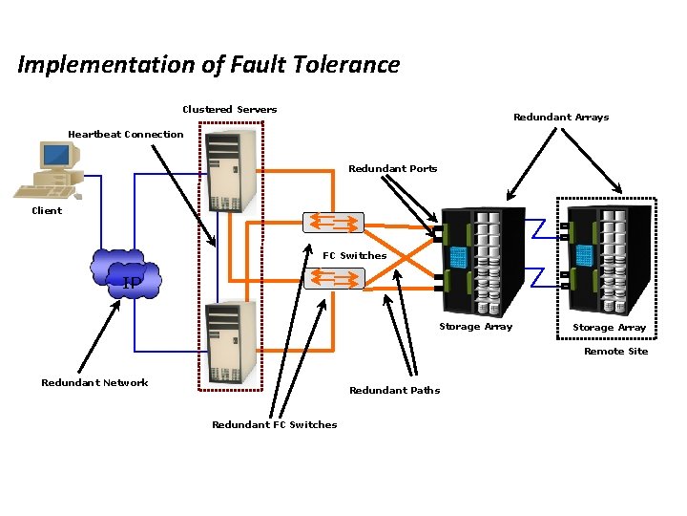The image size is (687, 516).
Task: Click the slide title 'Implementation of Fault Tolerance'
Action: click(208, 65)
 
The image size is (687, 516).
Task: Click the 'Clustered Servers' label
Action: click(229, 109)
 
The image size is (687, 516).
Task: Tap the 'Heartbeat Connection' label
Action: click(125, 134)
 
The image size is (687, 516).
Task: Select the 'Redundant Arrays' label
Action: click(560, 118)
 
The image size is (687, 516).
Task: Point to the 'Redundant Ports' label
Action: click(392, 168)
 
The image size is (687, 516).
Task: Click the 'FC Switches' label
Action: click(354, 255)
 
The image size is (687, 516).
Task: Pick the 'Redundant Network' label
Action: click(94, 382)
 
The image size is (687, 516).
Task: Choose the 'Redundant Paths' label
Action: click(394, 390)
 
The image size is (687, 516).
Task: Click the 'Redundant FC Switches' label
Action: click(274, 424)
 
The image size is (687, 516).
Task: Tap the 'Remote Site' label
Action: click(615, 351)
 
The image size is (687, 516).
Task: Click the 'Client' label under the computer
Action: click(47, 210)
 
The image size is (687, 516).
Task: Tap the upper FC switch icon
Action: click(333, 222)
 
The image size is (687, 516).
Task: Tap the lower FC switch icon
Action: click(333, 278)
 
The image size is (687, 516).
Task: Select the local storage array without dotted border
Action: click(483, 260)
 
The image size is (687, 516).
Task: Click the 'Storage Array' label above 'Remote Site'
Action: click(609, 327)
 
